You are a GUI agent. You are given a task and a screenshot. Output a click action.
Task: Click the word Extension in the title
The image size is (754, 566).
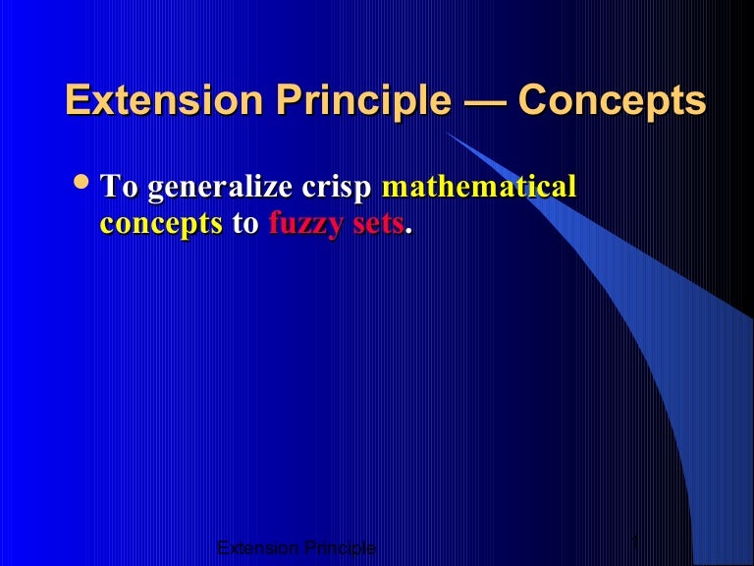153,102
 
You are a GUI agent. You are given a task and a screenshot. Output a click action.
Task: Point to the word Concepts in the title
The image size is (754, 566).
613,102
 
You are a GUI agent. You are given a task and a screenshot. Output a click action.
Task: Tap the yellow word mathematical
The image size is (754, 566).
478,188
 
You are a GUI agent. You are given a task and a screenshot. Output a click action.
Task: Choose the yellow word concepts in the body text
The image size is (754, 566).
161,224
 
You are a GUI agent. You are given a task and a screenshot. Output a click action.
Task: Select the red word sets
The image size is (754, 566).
376,224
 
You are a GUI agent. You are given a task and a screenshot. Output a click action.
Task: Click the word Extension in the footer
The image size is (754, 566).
252,547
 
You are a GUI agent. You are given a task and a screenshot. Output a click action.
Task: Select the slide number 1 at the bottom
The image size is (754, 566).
636,543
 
